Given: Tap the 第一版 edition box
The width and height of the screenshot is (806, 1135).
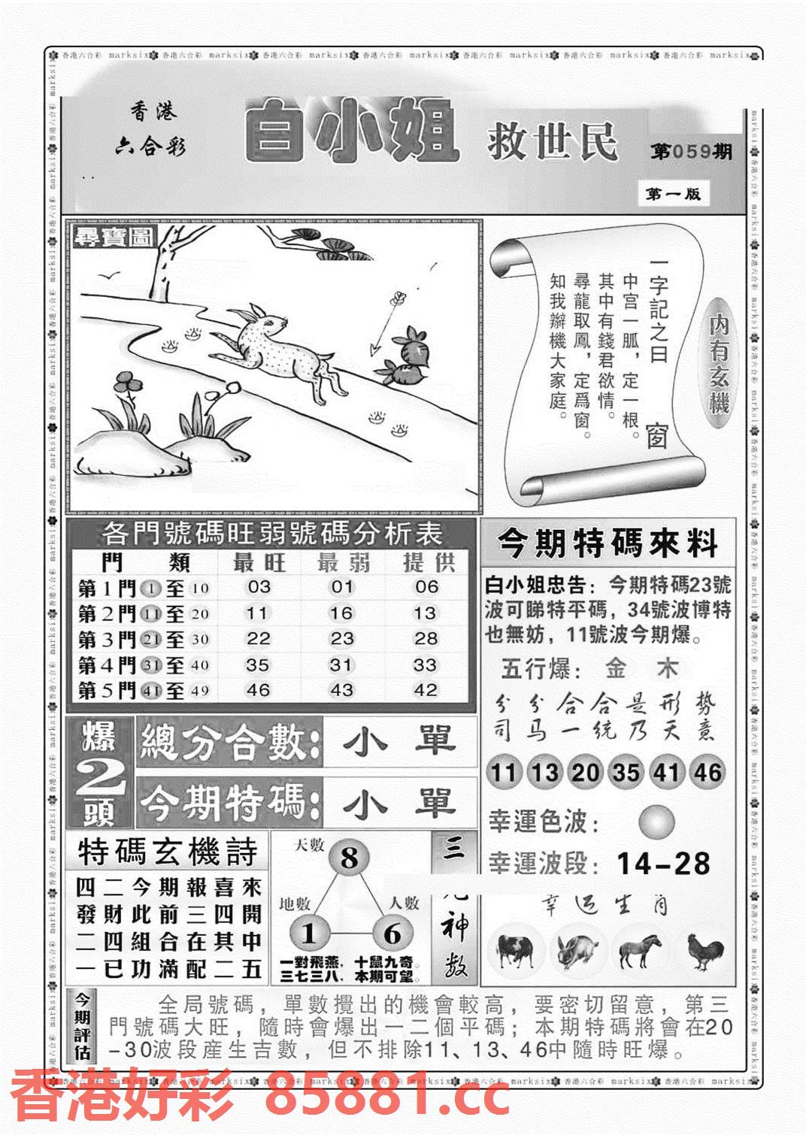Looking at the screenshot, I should point(673,194).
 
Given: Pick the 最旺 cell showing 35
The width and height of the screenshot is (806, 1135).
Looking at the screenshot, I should point(257,664).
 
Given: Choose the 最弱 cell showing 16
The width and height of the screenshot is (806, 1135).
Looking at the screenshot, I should point(341,613).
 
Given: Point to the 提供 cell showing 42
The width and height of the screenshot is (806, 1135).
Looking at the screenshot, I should point(426,690).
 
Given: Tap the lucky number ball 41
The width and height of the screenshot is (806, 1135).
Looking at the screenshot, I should point(666,772).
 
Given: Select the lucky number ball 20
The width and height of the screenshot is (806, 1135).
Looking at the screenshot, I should point(584,772).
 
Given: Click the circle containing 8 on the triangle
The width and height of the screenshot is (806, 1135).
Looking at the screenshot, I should point(350,858).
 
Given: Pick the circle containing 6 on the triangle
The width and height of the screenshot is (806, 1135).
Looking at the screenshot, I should point(392,934).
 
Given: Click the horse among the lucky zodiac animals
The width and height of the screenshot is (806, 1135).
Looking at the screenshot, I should point(640,951).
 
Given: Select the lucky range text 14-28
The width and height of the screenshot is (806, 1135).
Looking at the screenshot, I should point(662,864).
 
